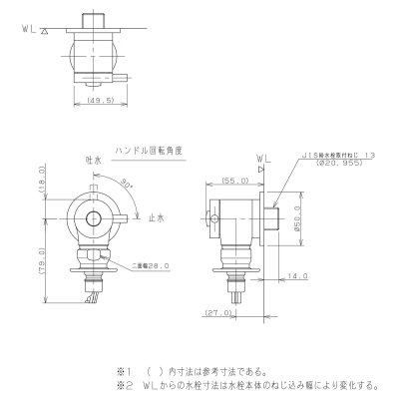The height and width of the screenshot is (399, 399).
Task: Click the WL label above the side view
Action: pyautogui.click(x=262, y=158)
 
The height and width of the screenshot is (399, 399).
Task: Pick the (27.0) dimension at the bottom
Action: pyautogui.click(x=225, y=312)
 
